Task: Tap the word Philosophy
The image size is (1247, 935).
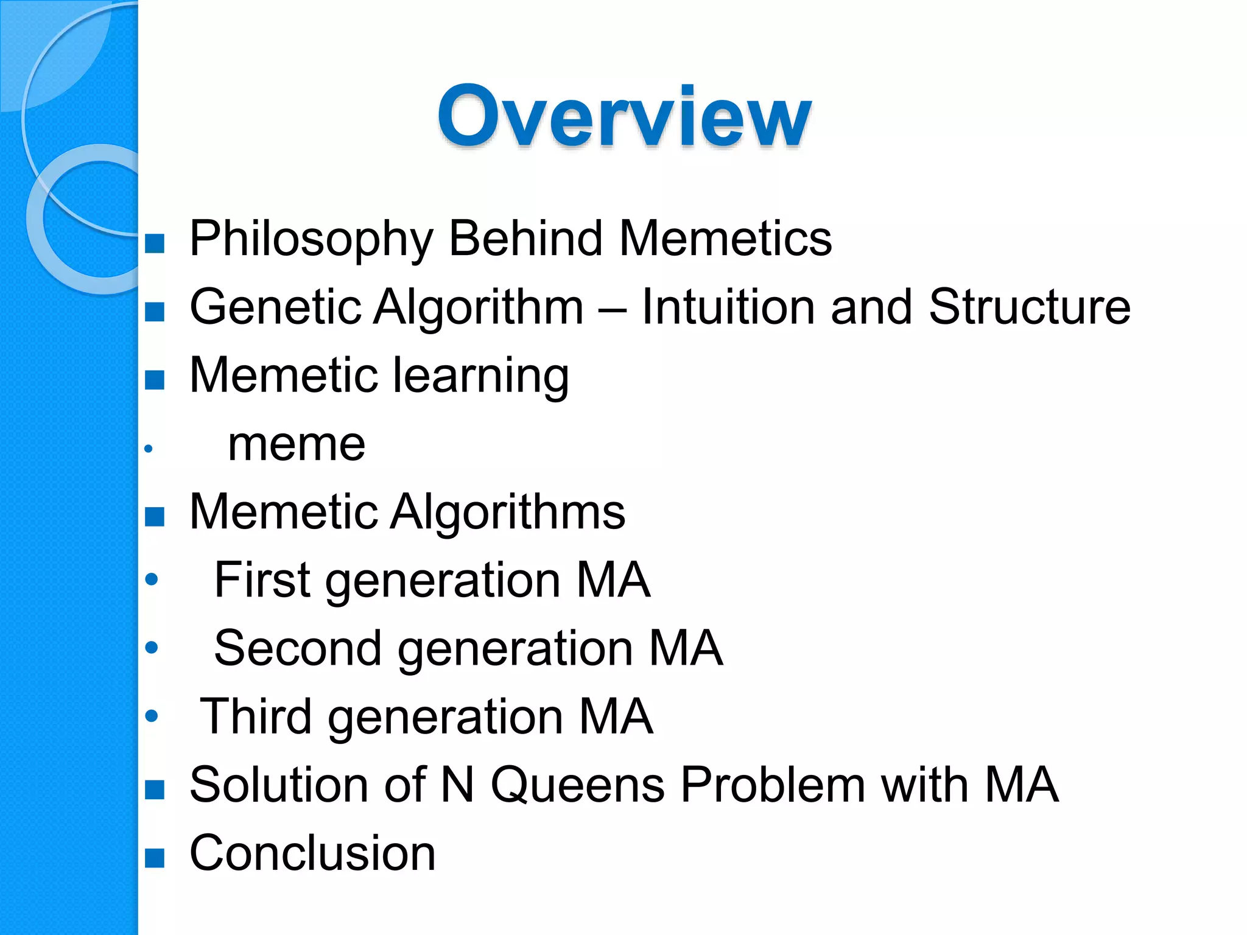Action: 311,239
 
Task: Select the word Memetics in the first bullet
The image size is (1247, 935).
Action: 725,239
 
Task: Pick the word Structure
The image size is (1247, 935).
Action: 1029,307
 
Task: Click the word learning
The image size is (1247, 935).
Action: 481,376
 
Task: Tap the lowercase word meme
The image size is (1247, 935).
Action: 297,444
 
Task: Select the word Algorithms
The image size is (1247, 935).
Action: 507,512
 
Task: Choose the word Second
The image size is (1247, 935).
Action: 298,648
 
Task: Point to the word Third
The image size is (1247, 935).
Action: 256,716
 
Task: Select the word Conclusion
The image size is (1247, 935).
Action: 312,853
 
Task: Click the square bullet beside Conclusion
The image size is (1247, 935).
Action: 155,858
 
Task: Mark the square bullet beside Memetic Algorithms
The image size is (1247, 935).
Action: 155,517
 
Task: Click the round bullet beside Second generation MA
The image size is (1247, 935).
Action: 152,647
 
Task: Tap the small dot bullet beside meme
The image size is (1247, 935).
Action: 148,449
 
